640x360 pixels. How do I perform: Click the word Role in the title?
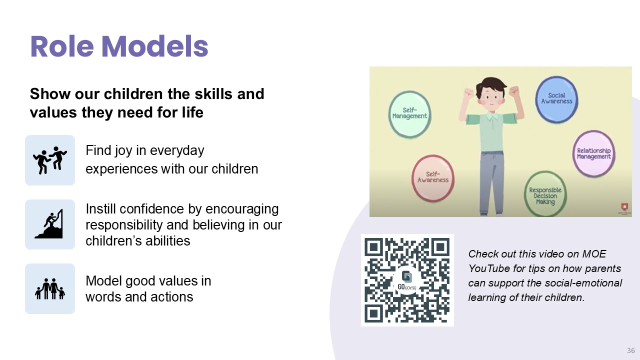tap(62, 46)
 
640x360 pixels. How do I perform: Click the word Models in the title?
tap(155, 46)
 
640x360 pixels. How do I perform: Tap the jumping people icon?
tap(50, 160)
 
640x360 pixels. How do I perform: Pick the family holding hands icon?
tap(50, 289)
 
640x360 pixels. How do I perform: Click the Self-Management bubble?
tap(409, 114)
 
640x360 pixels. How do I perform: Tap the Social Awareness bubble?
tap(556, 99)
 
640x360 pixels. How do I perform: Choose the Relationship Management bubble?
tap(593, 153)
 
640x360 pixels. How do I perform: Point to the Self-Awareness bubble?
tap(433, 177)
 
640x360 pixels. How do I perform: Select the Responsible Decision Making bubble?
tap(545, 195)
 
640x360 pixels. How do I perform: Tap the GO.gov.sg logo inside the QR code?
tap(407, 280)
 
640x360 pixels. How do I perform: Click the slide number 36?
tap(631, 350)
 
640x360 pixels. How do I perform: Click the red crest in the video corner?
tap(624, 207)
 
